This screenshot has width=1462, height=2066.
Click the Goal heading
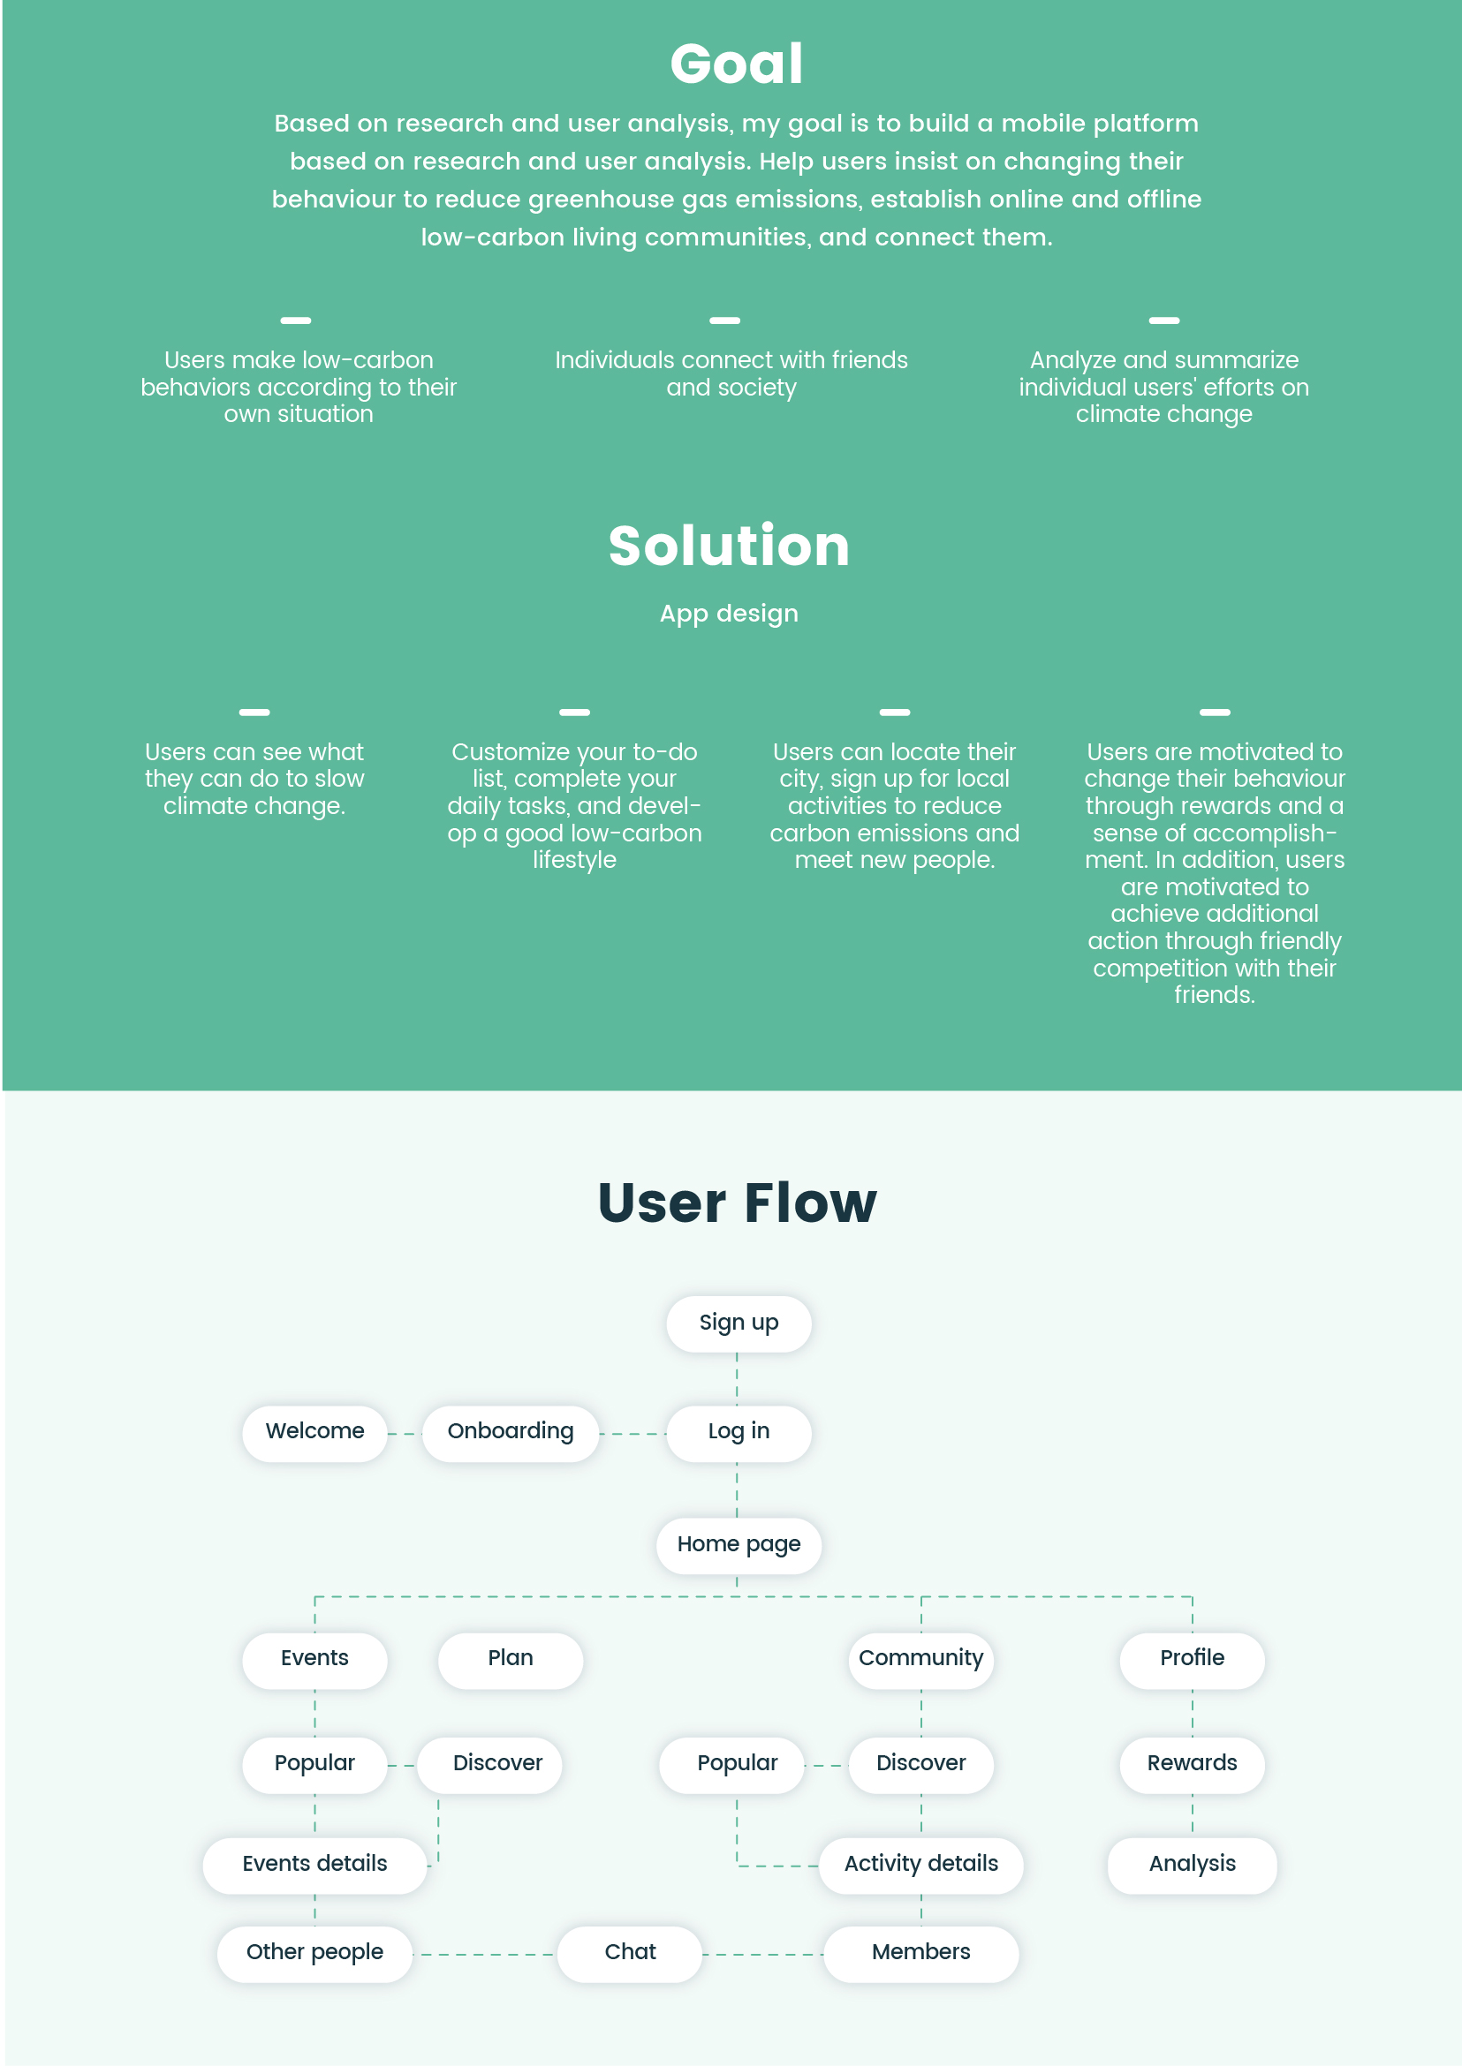pos(737,64)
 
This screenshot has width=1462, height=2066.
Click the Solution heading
pos(729,546)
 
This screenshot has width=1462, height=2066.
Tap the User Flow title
pos(738,1203)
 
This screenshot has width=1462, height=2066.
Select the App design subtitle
pos(729,614)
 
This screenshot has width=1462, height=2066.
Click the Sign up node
pos(739,1323)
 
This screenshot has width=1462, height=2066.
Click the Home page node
pos(739,1545)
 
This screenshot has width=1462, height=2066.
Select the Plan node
pos(511,1659)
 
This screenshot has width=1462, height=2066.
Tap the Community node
pos(921,1659)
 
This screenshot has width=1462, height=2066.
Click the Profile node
pos(1192,1659)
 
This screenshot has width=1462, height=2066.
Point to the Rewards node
pos(1192,1764)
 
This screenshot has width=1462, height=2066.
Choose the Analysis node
pos(1192,1865)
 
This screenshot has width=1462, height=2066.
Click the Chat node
pos(630,1953)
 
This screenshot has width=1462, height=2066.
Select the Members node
pos(921,1953)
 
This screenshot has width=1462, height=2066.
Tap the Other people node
pos(315,1953)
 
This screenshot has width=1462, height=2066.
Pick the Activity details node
pos(921,1865)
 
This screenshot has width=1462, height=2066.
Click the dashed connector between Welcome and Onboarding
pos(405,1434)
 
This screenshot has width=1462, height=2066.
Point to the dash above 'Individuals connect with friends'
pos(724,320)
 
